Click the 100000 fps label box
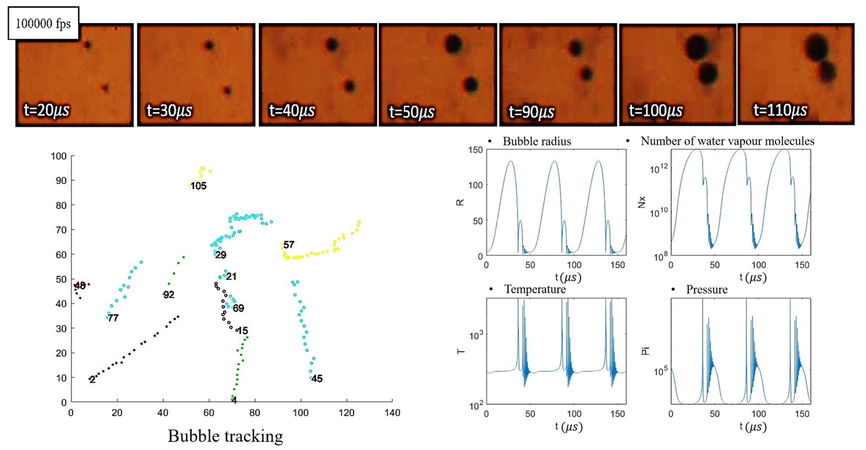click(43, 24)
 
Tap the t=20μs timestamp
click(46, 110)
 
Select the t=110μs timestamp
click(780, 110)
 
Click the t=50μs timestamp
click(412, 112)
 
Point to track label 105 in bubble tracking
click(199, 186)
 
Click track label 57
click(289, 245)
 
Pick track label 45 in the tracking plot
click(317, 379)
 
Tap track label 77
click(113, 318)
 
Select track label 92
click(169, 294)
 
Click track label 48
click(80, 286)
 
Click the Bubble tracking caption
click(225, 436)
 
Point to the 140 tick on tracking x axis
click(392, 413)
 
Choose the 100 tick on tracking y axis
click(59, 156)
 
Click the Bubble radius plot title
click(537, 141)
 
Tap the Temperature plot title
click(534, 289)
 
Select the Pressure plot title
click(706, 290)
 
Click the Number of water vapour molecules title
click(727, 141)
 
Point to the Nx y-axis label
click(642, 202)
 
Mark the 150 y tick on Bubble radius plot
click(475, 150)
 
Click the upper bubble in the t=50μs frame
click(454, 44)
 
